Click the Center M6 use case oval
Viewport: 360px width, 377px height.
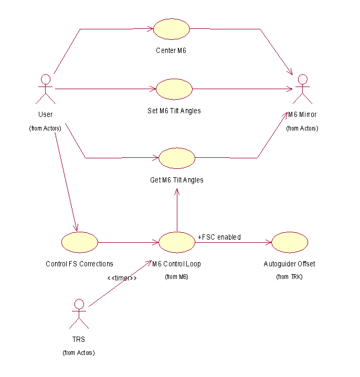coord(171,29)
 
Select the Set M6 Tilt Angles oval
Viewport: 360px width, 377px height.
coord(174,89)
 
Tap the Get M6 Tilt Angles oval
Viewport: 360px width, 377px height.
coord(177,158)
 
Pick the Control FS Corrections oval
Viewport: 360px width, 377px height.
coord(79,242)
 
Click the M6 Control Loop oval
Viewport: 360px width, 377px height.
coord(177,242)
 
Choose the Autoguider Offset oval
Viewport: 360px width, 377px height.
coord(290,242)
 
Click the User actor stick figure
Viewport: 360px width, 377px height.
coord(46,89)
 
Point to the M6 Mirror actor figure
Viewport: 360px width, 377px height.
coord(302,89)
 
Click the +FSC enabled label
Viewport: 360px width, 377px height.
coord(219,238)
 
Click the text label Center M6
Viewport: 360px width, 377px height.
coord(171,51)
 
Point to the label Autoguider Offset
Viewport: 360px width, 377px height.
coord(289,264)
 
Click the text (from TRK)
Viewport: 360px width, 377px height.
coord(289,276)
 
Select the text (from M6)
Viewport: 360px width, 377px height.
coord(176,276)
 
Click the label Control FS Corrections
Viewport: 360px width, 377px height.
coord(79,264)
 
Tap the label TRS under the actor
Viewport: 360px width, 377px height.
coord(79,340)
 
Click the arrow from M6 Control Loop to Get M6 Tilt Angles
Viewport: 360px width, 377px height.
coord(177,210)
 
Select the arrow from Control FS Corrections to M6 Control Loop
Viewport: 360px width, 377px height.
coord(128,242)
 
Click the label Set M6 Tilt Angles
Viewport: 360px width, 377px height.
coord(174,111)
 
